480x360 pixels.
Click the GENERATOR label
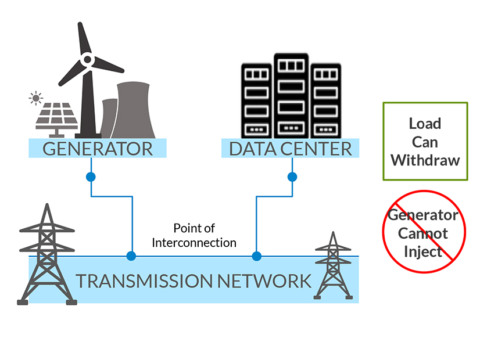[98, 148]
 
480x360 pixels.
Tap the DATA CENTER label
[290, 148]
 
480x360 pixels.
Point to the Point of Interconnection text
[194, 235]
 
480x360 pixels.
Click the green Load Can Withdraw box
[425, 141]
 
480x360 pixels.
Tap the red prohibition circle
[424, 231]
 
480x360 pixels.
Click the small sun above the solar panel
[37, 98]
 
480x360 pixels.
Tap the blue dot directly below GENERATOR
[91, 176]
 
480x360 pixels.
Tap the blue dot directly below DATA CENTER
[292, 176]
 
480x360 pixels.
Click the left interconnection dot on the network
[131, 255]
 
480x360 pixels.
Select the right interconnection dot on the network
[256, 255]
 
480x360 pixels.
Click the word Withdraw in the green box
[425, 160]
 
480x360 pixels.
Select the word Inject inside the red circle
[424, 252]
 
